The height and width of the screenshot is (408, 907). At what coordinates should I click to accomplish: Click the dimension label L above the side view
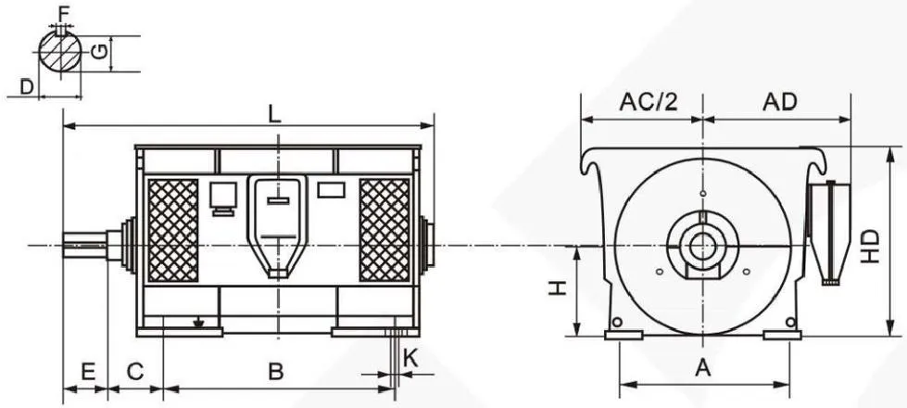tap(275, 114)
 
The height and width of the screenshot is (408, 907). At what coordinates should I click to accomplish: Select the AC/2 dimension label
tap(648, 102)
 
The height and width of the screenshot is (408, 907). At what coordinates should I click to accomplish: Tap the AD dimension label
tap(780, 102)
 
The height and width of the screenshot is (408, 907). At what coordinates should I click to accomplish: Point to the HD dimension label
tap(869, 247)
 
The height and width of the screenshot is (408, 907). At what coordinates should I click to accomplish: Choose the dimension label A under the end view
tap(702, 367)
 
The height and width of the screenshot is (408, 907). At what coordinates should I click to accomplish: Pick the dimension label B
tap(276, 372)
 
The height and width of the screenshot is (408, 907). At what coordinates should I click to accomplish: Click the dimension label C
tap(134, 372)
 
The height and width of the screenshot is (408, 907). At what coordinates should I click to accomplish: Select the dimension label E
tap(88, 372)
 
